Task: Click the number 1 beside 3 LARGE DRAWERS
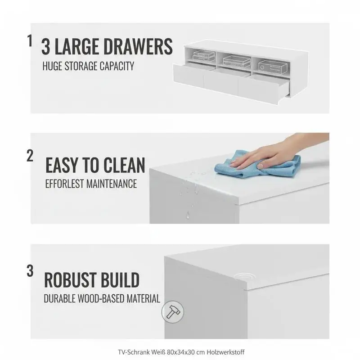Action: click(30, 40)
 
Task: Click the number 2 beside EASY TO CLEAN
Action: click(30, 156)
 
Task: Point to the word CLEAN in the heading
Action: click(124, 165)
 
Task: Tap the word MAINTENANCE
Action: click(112, 184)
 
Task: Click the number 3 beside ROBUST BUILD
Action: click(30, 271)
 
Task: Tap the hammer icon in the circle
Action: click(173, 312)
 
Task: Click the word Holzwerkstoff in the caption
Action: click(225, 352)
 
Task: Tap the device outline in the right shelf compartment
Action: click(273, 67)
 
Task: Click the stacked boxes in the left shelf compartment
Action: click(204, 56)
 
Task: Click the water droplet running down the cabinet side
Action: click(188, 215)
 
